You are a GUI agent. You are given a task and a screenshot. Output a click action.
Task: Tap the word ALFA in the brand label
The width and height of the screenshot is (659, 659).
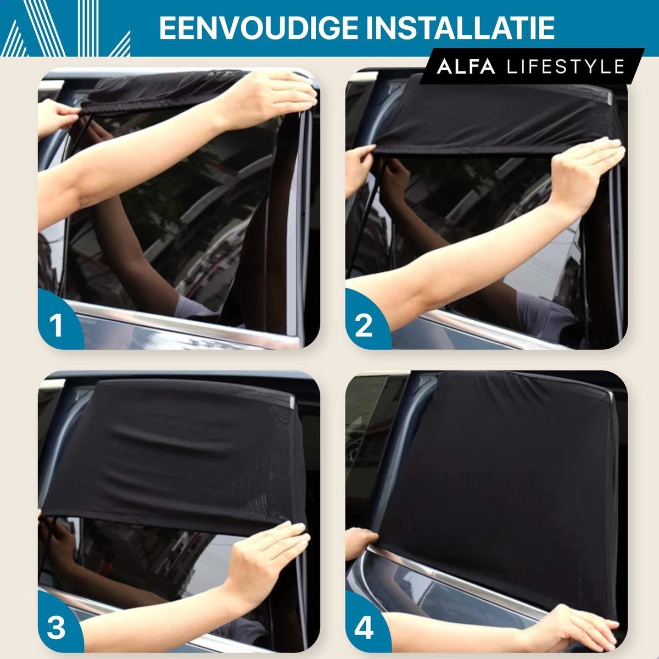(466, 67)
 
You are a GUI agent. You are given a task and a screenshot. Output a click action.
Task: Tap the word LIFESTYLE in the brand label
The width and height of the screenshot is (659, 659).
(566, 67)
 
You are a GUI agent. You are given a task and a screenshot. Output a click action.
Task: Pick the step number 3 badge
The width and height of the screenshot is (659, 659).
(56, 628)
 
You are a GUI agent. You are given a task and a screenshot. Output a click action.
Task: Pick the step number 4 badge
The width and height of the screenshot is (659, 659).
(364, 628)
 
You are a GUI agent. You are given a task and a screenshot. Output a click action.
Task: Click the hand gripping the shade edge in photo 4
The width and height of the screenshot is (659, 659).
(362, 541)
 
